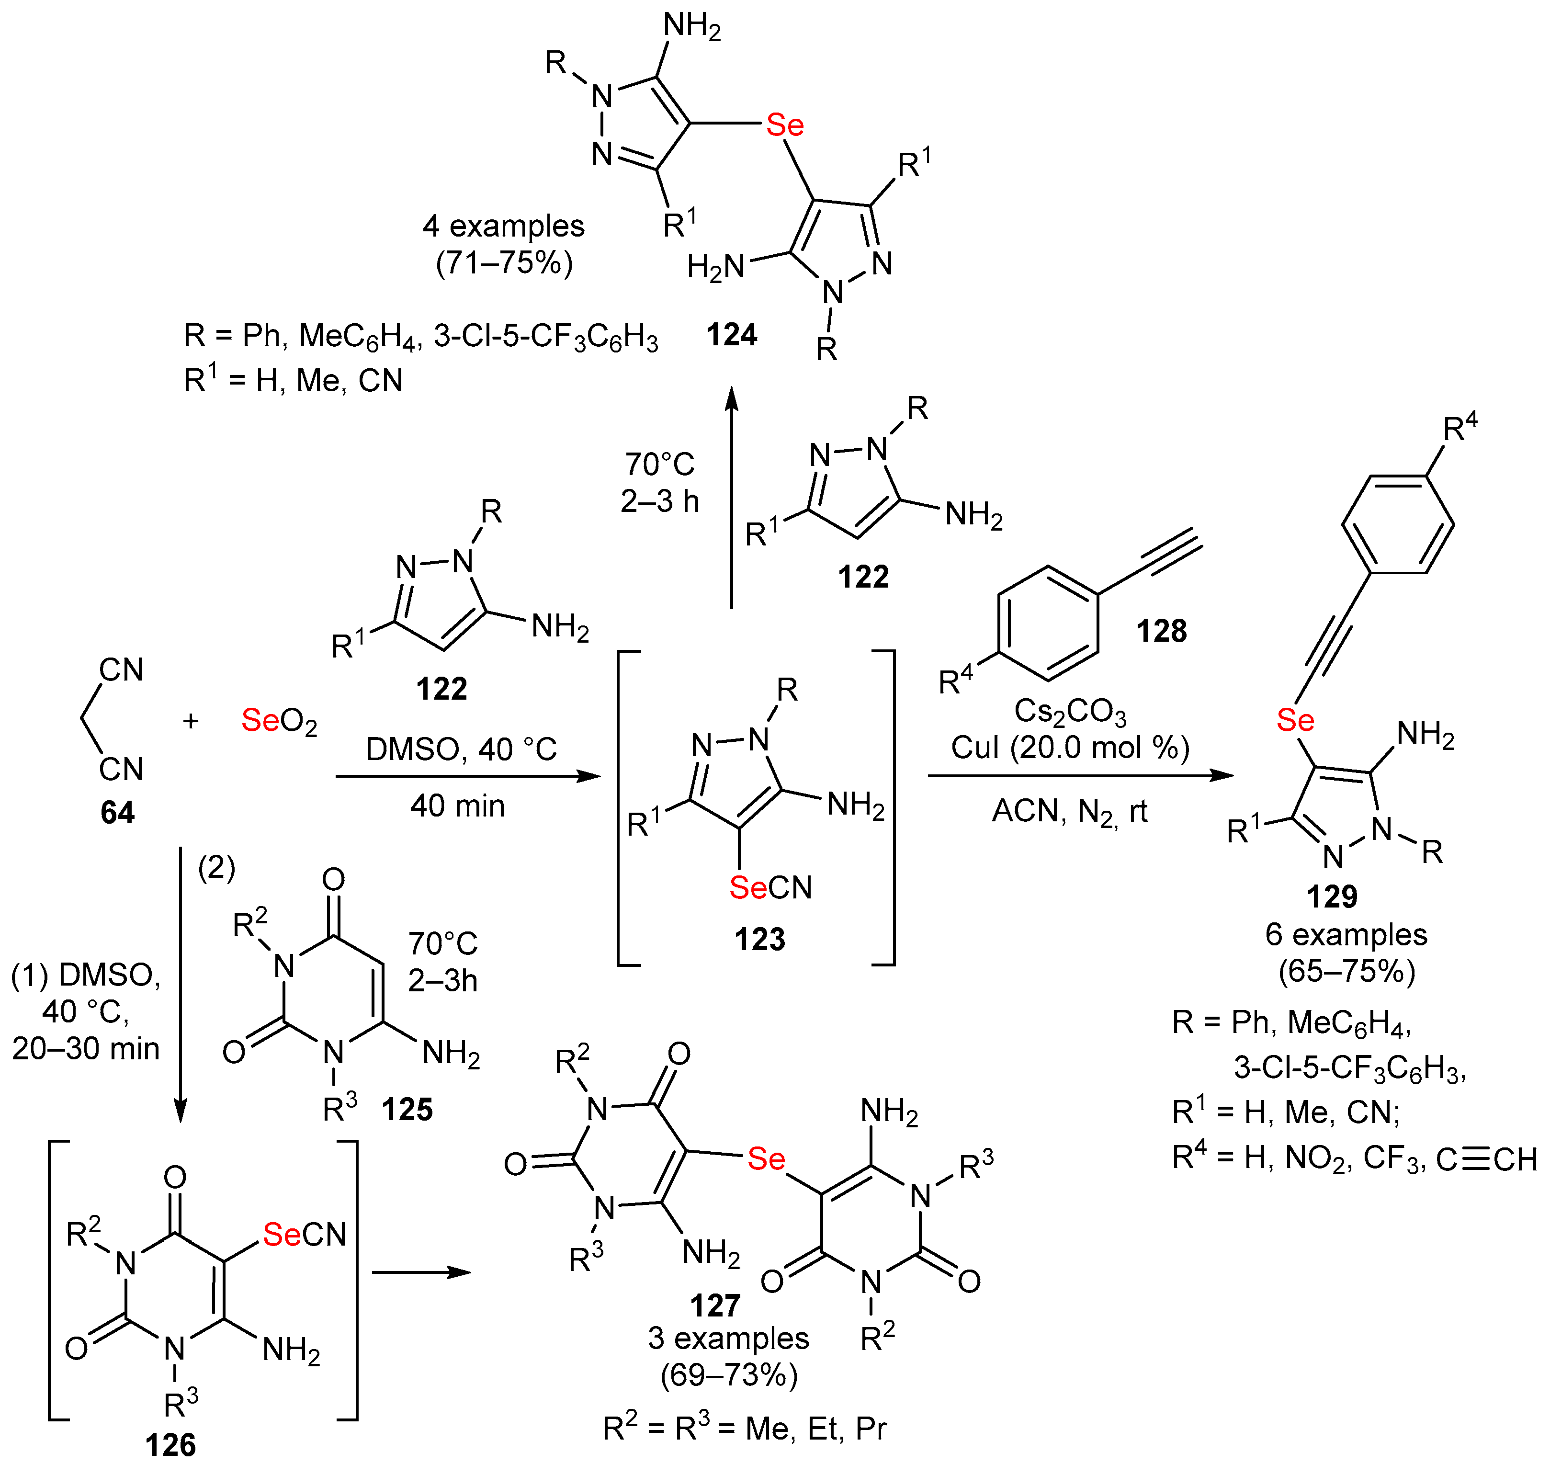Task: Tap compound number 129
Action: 1332,896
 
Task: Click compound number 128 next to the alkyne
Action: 1161,631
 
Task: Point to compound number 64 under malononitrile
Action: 117,812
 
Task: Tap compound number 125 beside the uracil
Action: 407,1110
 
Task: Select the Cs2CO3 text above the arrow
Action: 1070,711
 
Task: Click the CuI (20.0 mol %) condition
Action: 1070,748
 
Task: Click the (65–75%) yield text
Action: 1346,971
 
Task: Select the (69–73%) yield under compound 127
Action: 729,1375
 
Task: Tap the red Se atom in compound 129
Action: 1295,719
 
